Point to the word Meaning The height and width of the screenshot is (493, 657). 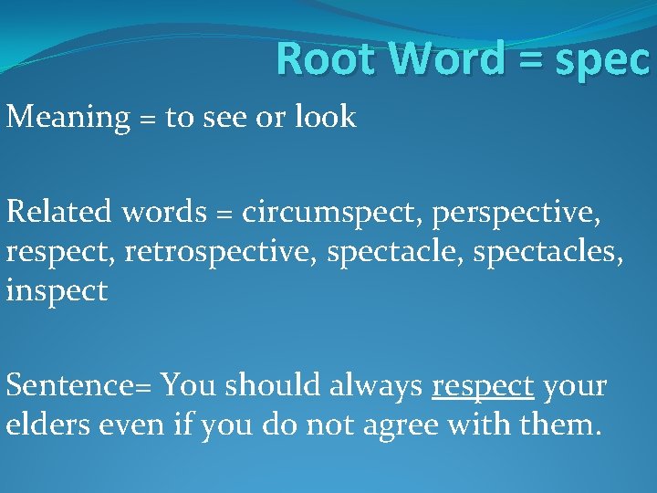click(68, 118)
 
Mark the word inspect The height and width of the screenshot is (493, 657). click(57, 291)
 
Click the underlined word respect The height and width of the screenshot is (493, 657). click(482, 386)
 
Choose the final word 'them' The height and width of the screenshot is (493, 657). click(558, 425)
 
